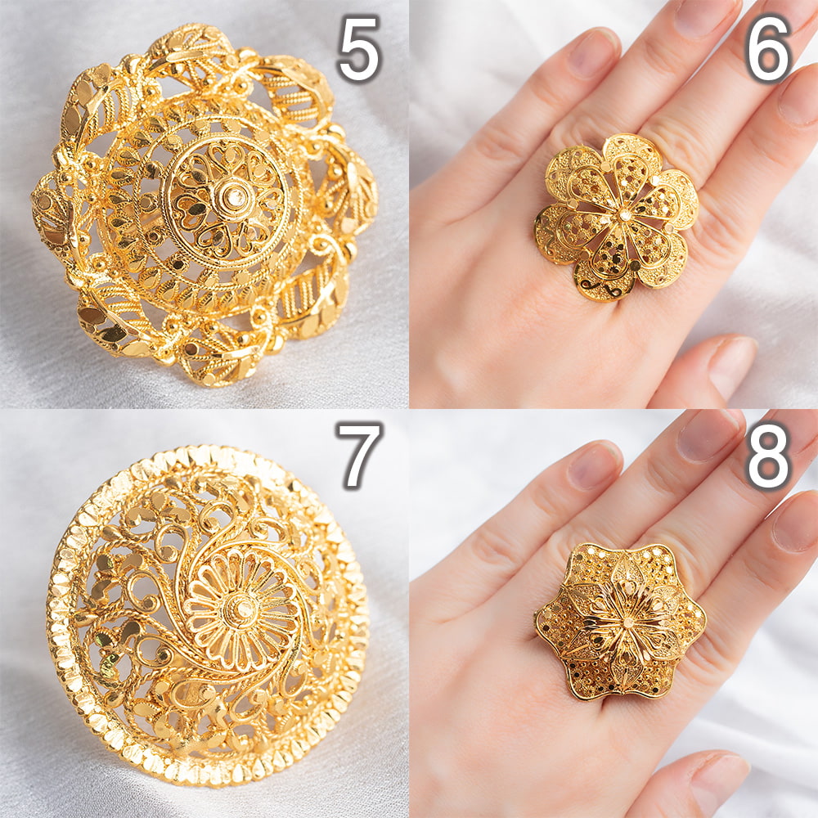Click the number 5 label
tap(359, 49)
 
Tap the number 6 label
tap(769, 49)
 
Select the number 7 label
tap(360, 455)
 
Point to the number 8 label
tap(768, 455)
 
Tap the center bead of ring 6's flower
tap(622, 214)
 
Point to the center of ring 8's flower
tap(623, 622)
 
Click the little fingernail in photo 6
tap(594, 52)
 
